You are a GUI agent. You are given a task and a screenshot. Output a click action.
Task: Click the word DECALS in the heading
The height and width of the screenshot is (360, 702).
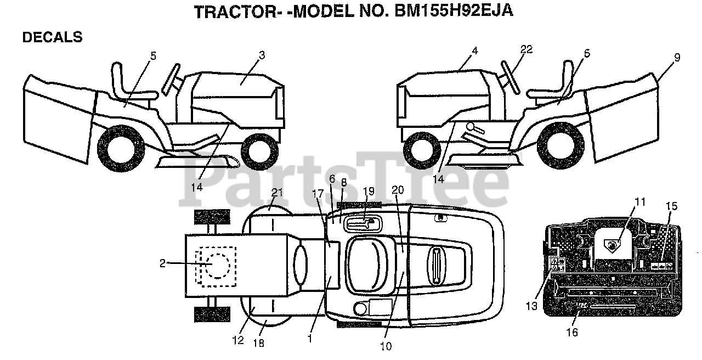[x=52, y=37]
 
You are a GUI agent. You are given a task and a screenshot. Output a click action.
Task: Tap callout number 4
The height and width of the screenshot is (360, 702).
[x=474, y=50]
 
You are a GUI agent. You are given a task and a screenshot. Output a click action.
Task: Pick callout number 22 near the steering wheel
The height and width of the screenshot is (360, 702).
[x=526, y=49]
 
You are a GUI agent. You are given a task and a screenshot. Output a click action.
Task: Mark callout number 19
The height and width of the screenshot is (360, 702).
[x=369, y=191]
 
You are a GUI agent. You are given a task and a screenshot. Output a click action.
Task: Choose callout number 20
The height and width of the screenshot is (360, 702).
[x=398, y=189]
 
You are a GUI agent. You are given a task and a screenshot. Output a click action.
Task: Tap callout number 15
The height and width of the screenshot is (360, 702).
[x=672, y=206]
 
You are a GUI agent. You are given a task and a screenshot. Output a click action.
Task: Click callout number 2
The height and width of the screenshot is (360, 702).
[x=162, y=263]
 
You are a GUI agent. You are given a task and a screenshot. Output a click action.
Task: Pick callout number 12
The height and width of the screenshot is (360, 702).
[x=237, y=340]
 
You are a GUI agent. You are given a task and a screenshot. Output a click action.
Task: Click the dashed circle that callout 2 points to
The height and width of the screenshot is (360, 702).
[x=218, y=266]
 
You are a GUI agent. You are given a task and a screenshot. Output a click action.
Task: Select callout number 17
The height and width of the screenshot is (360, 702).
[x=318, y=193]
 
